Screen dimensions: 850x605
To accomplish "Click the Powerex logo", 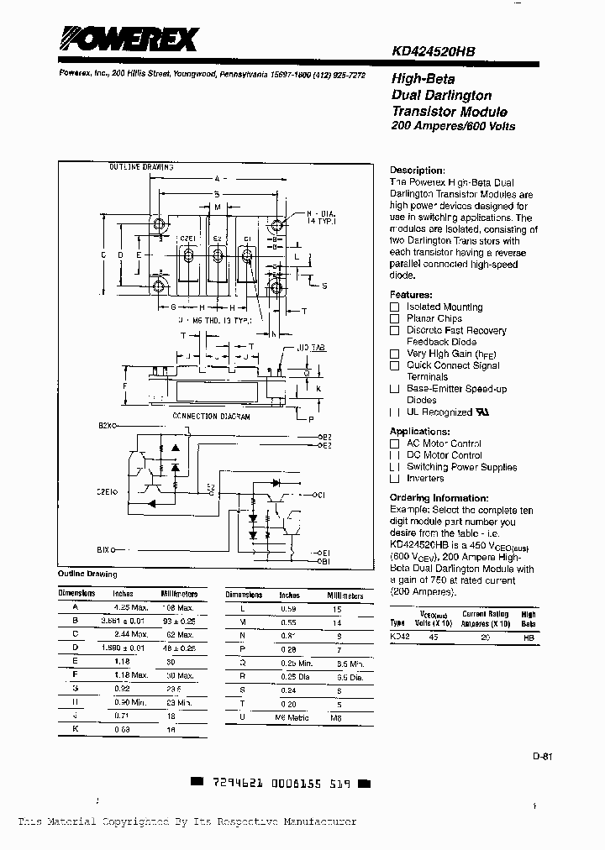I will coord(127,39).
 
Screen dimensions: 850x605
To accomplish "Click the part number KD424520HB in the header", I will coord(433,51).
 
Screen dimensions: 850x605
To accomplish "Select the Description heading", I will coord(418,170).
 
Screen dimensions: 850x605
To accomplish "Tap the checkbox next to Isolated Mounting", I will coord(394,307).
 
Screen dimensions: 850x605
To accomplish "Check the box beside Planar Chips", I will coord(394,319).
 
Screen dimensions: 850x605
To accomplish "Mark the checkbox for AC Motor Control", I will coord(394,443).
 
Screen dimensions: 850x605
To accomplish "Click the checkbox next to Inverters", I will coord(394,479).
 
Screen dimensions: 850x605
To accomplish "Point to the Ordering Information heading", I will coord(439,498).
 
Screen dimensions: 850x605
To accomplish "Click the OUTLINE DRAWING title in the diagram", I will coord(141,167).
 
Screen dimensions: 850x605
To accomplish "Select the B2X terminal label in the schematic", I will coord(106,426).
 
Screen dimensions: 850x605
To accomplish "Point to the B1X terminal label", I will coord(105,550).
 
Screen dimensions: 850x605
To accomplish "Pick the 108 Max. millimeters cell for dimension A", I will coord(177,606).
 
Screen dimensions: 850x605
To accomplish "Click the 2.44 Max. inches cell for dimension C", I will coord(129,633).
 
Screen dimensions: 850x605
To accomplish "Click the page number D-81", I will coord(542,756).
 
